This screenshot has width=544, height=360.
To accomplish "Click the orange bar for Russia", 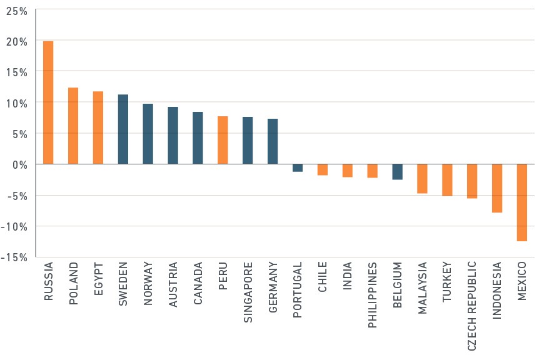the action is coord(48,102).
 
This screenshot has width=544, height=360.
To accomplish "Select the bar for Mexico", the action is coord(521,202).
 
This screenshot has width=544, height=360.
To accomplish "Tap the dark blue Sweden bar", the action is coord(123,129).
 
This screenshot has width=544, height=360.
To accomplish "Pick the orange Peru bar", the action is coord(223,140).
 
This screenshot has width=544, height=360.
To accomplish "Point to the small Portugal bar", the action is coord(298,168).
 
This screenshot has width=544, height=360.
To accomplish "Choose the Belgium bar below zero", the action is coord(397,172).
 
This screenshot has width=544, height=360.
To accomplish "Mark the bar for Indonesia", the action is coord(497,188).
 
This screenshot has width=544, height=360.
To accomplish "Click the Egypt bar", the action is coord(98,127).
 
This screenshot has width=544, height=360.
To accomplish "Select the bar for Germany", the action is coord(273,141).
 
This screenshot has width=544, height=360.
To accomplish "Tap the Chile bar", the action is coord(323,169).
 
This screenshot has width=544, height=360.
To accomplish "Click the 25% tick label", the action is coord(17,11).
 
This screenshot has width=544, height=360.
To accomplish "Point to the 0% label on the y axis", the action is coord(20,165).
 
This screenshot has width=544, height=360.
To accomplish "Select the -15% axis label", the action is coord(14,257).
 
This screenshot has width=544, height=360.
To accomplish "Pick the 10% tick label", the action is coord(17,103).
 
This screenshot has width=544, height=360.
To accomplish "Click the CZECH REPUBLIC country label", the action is coord(472,306).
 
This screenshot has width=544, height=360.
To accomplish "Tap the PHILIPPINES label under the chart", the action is coord(372,295).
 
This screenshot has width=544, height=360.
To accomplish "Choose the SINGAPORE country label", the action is coord(248,292).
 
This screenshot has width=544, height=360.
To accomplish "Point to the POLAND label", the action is coord(73,283).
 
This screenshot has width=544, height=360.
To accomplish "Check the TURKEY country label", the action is coord(447,282).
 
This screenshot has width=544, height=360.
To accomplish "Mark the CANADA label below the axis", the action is coord(198,283).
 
